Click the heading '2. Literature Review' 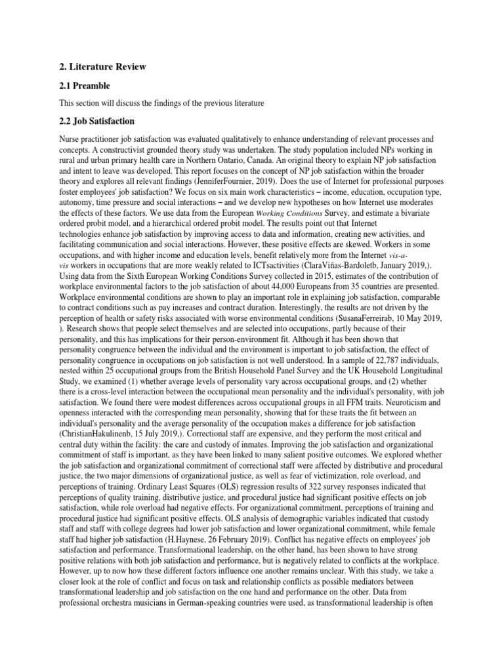[102, 67]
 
